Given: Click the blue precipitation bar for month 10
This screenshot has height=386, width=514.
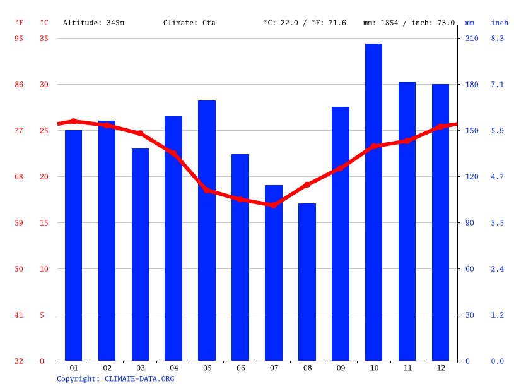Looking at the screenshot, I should (x=373, y=202).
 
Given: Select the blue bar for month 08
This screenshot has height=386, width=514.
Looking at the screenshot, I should (x=307, y=282).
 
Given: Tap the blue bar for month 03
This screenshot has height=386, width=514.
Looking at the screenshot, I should (x=141, y=255).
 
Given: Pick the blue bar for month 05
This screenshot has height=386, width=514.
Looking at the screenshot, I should (x=207, y=231).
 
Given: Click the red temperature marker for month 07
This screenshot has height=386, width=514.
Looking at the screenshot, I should (x=274, y=205).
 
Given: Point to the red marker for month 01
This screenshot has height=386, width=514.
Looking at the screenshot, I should (x=74, y=121).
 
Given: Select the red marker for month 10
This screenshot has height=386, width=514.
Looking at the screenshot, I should (x=373, y=146).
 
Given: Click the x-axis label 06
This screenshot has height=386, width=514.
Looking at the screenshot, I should (x=240, y=368).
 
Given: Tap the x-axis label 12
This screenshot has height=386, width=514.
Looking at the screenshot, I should (x=440, y=368).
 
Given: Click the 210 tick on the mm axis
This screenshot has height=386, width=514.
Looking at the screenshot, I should (x=472, y=39).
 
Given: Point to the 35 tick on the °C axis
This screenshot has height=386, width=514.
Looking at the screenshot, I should (x=44, y=39).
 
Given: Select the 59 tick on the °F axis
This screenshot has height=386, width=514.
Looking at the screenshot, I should (x=19, y=223).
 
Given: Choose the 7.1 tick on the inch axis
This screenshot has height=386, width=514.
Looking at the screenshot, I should (x=497, y=85).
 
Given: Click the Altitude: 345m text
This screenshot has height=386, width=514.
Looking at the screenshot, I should (x=93, y=23).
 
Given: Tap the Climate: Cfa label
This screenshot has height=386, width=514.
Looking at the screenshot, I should (x=189, y=23).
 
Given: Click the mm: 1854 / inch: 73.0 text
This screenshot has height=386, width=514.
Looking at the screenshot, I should (x=409, y=23).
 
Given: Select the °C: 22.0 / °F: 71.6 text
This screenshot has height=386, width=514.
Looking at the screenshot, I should (x=305, y=23).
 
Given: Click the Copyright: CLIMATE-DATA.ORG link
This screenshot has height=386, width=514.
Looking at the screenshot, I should (x=115, y=379).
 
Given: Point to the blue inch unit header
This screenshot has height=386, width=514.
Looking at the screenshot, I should (x=499, y=23).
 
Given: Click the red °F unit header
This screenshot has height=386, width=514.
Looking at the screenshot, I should (x=19, y=23).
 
